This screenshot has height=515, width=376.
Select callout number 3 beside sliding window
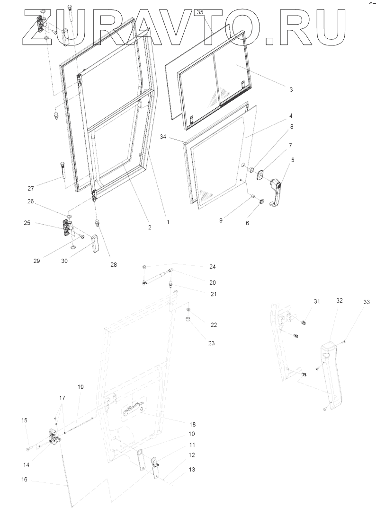coord(291,89)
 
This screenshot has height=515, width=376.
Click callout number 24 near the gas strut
coord(212,267)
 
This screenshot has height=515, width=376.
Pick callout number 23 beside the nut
coord(212,343)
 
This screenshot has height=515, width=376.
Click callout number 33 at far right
coord(353,302)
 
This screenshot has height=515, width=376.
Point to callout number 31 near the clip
coord(316,301)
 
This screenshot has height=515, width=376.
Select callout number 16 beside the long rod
coord(25,479)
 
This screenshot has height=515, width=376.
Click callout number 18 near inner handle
coord(193,424)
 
